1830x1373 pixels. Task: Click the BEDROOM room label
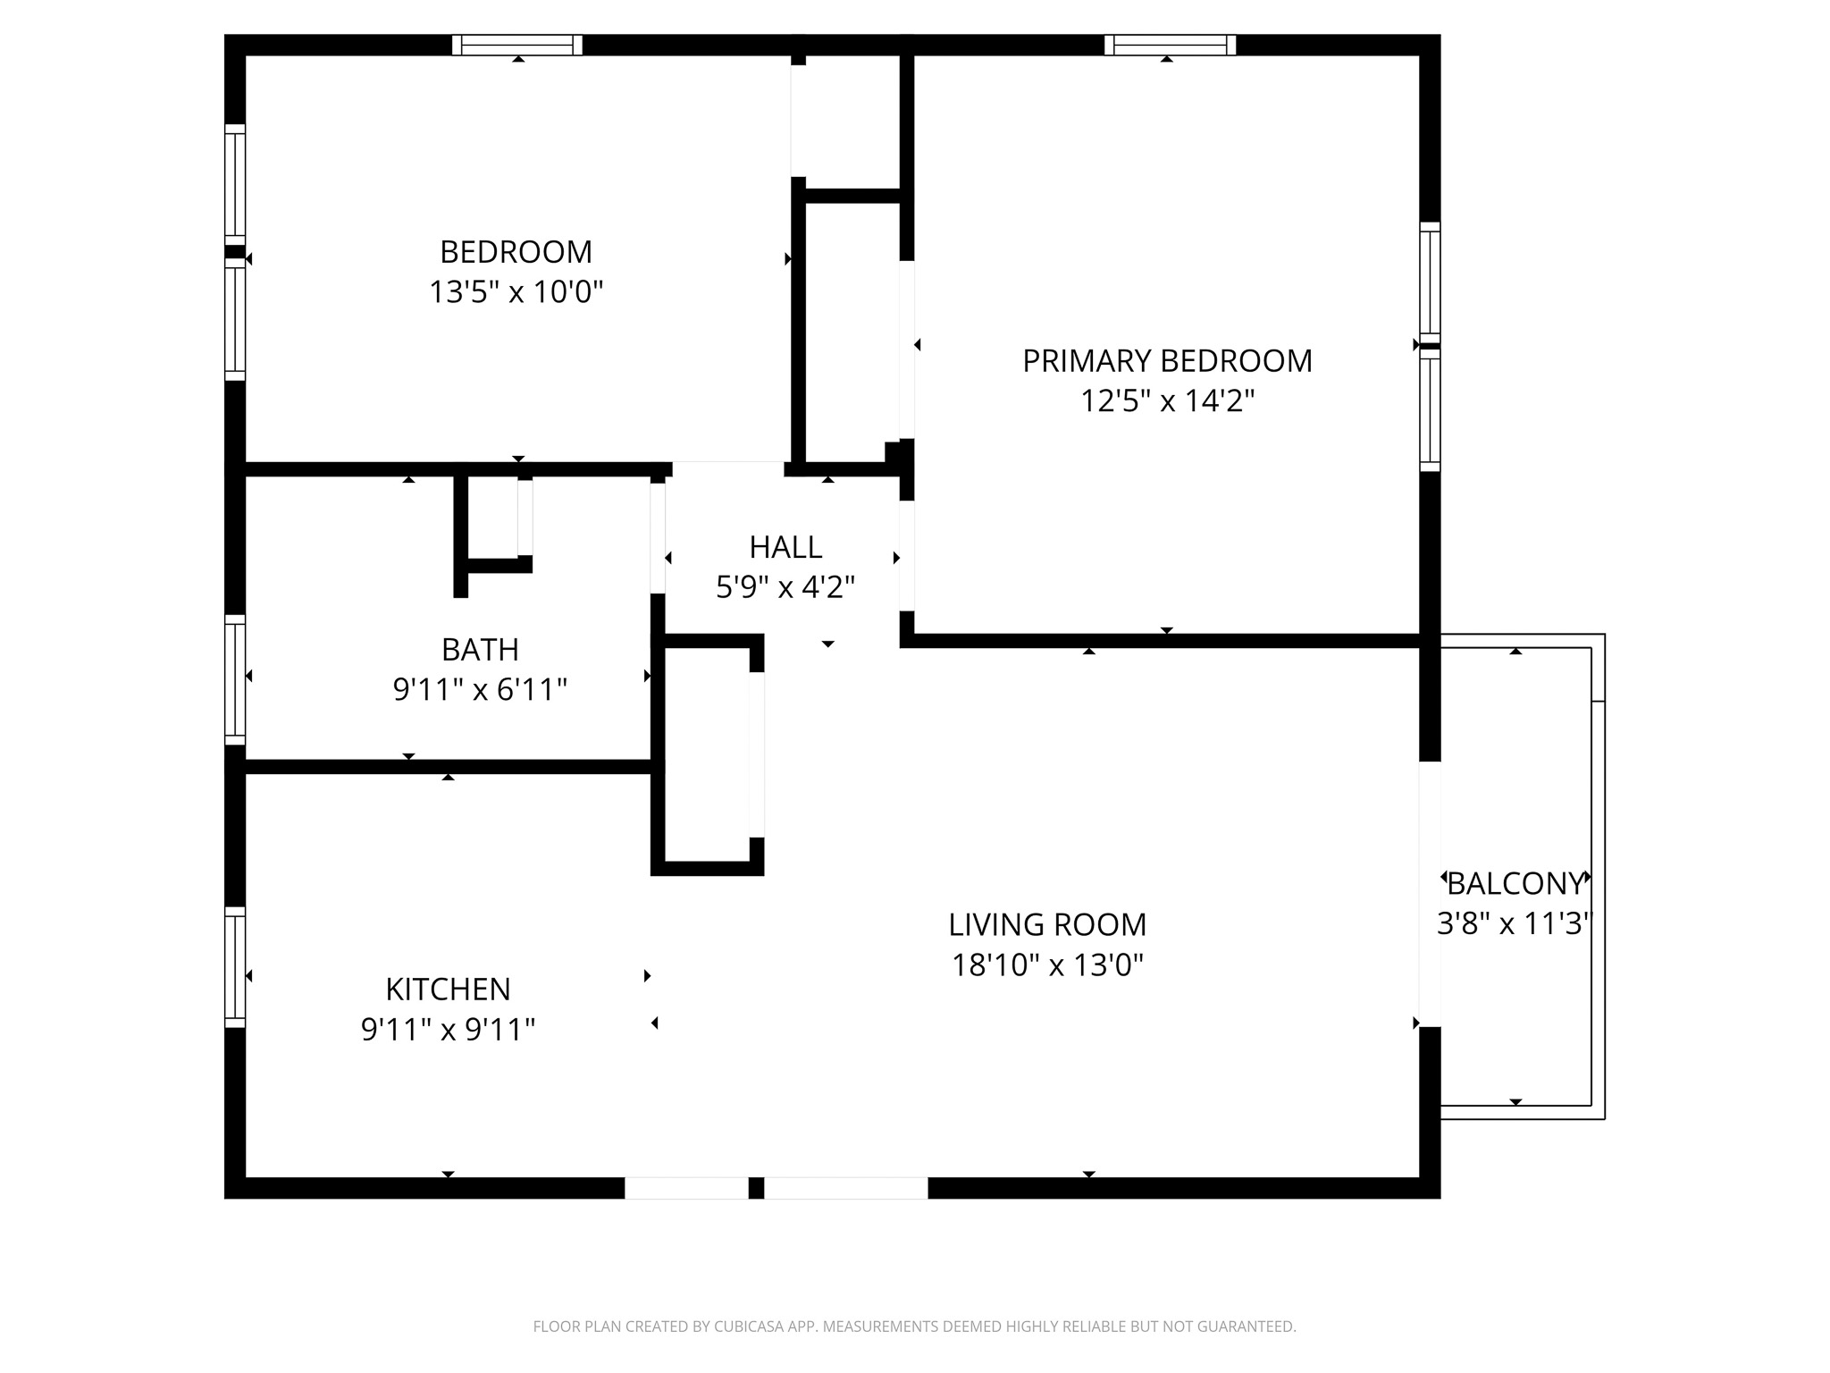516,252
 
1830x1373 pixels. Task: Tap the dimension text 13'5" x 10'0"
516,292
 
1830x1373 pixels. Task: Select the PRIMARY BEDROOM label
1167,361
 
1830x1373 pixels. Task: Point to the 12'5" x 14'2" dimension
1167,401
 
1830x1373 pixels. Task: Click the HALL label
785,547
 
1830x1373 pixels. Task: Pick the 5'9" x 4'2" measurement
785,587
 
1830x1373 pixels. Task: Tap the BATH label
480,650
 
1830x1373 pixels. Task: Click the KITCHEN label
448,990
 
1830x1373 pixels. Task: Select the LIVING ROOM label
1047,924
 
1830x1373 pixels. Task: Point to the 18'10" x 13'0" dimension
1047,965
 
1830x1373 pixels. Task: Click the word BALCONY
1515,884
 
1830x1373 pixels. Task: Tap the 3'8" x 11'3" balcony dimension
1515,923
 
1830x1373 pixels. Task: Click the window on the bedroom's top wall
517,45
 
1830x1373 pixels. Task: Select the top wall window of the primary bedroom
1170,45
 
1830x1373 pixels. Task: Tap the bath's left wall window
234,679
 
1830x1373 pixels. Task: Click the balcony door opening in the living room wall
1430,894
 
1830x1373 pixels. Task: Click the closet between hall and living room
707,755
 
